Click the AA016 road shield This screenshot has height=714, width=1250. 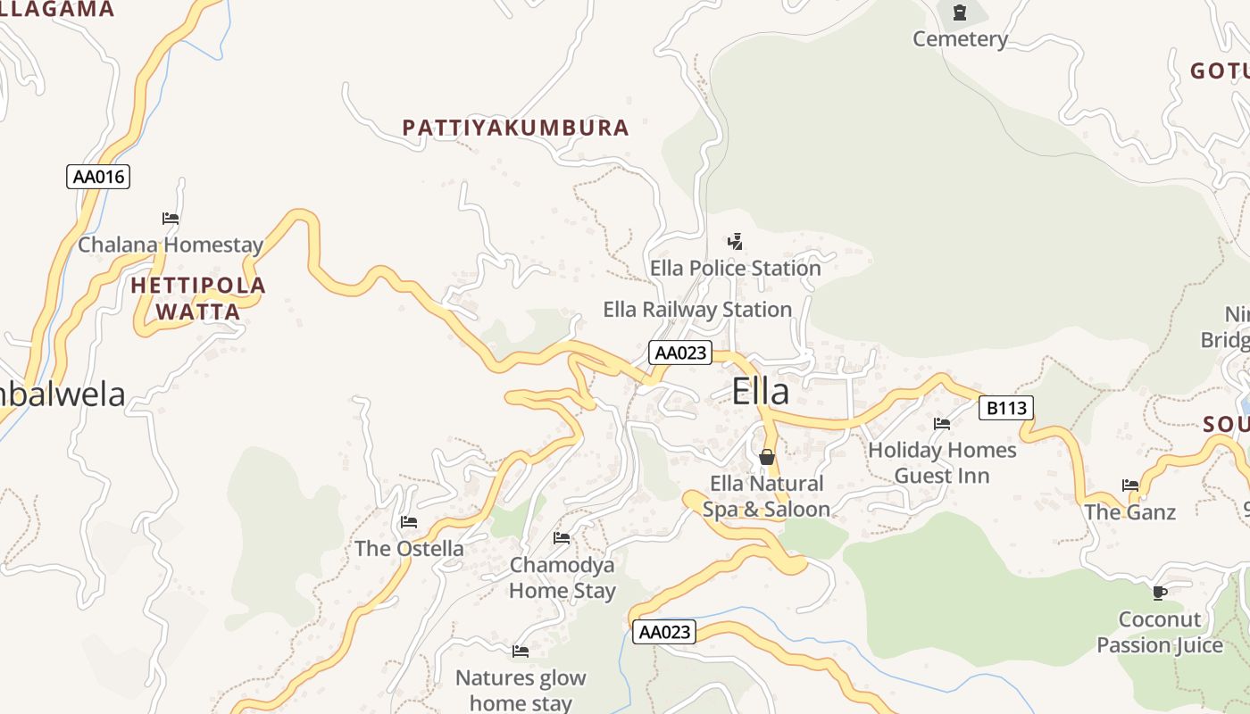pos(98,177)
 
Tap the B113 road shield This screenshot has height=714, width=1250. pos(1006,409)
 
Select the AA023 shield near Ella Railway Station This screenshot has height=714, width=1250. pos(679,353)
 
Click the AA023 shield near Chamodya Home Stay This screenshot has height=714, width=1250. pos(664,632)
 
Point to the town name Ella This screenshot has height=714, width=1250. pos(761,392)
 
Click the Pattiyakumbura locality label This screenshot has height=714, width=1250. pos(516,128)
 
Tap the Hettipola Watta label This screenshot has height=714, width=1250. pos(198,298)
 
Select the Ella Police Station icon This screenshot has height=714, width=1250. pos(735,241)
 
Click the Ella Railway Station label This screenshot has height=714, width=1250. pos(697,310)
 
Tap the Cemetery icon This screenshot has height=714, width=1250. pos(960,12)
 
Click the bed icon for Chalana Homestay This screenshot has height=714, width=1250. pos(171,218)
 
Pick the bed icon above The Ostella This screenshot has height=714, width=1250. pos(409,521)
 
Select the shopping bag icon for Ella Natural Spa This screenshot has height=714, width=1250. pos(766,457)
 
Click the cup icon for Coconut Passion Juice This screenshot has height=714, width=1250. pos(1159,592)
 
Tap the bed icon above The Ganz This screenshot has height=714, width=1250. pos(1130,486)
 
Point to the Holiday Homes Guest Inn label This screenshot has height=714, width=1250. pos(942,462)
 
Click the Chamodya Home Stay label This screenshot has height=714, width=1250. pos(562,577)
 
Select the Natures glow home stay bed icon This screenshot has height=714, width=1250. pos(521,651)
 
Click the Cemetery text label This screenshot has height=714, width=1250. pos(960,39)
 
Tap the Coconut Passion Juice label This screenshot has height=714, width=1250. pos(1160,632)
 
